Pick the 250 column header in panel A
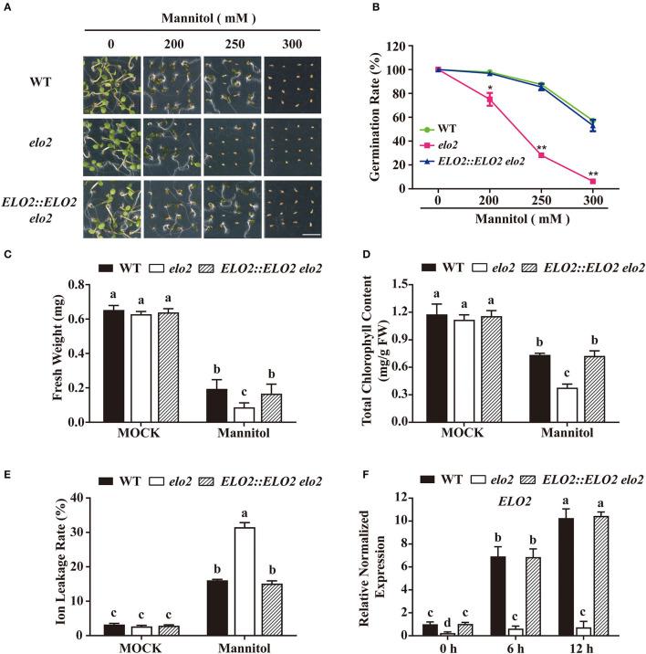[232, 42]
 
